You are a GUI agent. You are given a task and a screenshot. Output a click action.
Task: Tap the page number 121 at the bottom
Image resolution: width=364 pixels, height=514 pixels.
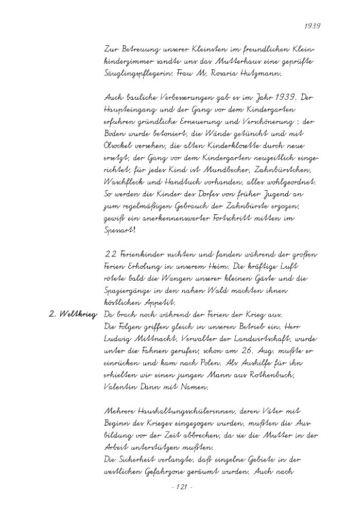[x=181, y=487]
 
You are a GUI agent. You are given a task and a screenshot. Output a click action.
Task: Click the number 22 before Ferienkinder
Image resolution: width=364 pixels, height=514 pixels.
[x=109, y=254]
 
